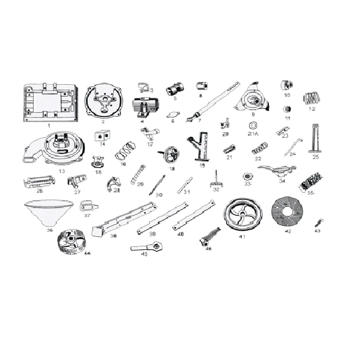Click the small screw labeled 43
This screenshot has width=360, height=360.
(318, 223)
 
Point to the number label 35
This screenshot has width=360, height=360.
(310, 192)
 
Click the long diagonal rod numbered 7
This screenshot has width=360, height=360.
(218, 101)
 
